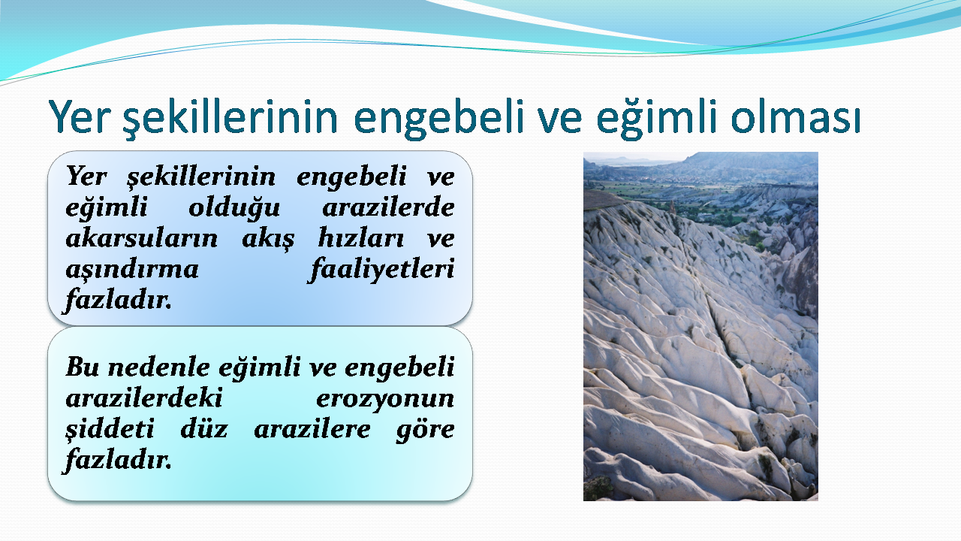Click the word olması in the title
(x=796, y=116)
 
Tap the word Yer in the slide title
(x=77, y=116)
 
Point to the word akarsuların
(x=142, y=238)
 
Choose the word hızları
(x=361, y=238)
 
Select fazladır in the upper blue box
(x=118, y=300)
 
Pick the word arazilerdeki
(x=144, y=398)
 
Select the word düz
(x=204, y=429)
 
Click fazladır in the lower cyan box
(x=118, y=460)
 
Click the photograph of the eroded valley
(x=700, y=326)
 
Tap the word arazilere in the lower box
(x=312, y=429)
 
